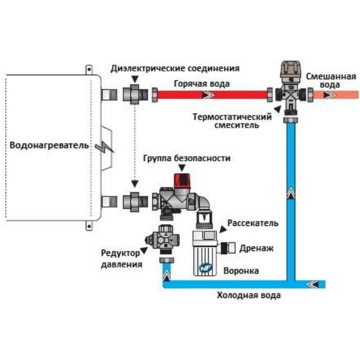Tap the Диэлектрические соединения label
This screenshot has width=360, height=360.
[175, 68]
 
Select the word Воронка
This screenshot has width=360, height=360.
[241, 271]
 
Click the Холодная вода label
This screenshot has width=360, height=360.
[249, 295]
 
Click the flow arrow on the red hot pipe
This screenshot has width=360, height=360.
[204, 95]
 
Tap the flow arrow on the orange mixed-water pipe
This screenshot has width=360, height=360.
[331, 95]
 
